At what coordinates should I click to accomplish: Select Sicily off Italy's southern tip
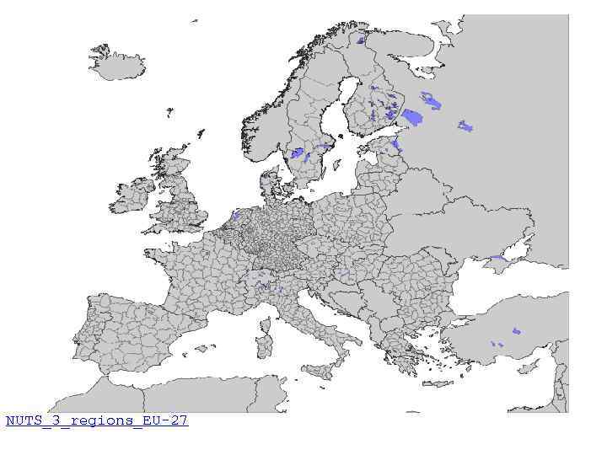(x=317, y=370)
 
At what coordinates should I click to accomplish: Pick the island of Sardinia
(x=264, y=345)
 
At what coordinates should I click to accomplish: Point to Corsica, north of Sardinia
(x=267, y=319)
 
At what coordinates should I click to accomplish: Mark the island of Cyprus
(x=529, y=367)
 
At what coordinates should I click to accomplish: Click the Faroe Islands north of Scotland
(x=169, y=111)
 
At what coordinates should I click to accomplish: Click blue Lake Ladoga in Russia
(x=411, y=116)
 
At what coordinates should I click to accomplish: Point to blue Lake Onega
(x=431, y=101)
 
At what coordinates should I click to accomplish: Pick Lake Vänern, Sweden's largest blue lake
(x=297, y=153)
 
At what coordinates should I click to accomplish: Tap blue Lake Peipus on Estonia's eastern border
(x=396, y=146)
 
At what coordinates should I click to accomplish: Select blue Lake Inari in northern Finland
(x=360, y=40)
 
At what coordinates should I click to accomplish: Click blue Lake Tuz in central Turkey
(x=516, y=331)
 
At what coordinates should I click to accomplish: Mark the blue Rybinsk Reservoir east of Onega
(x=465, y=126)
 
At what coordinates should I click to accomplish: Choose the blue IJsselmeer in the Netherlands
(x=235, y=216)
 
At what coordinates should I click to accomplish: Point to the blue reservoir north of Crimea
(x=499, y=259)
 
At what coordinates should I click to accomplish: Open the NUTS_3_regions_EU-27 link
(x=96, y=420)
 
